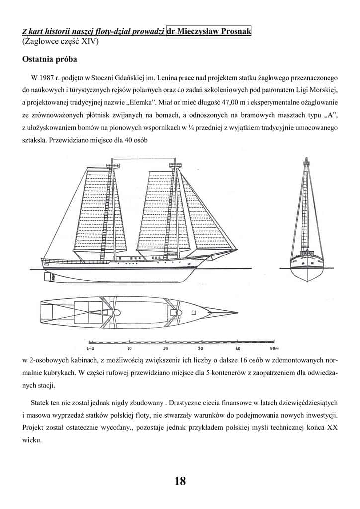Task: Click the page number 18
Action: (180, 481)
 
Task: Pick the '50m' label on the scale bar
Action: (275, 348)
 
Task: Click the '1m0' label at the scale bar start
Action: (90, 348)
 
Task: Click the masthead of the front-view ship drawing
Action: (306, 160)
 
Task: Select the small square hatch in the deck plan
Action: (194, 313)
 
